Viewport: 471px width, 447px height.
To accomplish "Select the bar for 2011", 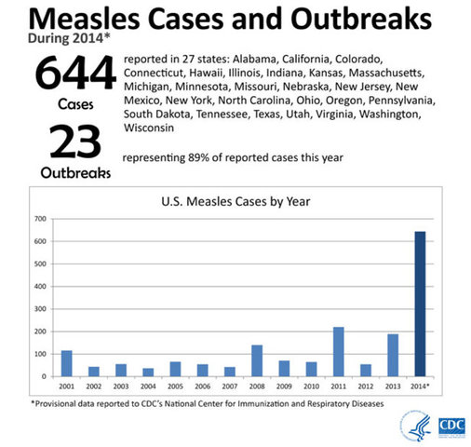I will [338, 352].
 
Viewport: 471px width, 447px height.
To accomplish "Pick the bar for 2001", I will [66, 363].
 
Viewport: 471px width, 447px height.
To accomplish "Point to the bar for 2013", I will [393, 355].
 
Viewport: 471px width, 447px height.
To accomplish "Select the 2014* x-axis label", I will [421, 385].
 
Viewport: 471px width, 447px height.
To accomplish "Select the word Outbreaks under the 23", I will [74, 173].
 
